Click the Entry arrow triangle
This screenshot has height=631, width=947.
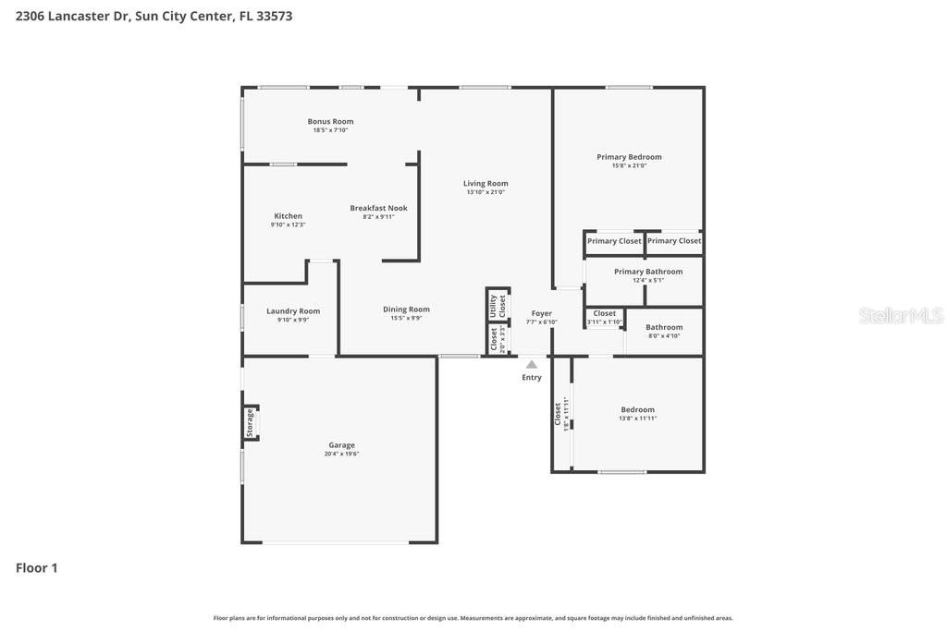(x=532, y=365)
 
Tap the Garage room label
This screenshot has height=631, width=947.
(x=341, y=445)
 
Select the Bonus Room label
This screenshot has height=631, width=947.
(x=330, y=121)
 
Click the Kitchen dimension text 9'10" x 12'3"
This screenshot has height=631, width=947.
(x=288, y=224)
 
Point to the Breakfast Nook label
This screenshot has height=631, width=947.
(x=378, y=208)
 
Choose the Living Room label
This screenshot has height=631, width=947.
(x=486, y=183)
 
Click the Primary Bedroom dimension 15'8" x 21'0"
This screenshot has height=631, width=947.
(x=629, y=165)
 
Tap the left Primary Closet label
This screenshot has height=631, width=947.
(x=614, y=241)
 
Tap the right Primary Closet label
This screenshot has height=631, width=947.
(x=674, y=241)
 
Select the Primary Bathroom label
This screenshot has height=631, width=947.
(x=648, y=272)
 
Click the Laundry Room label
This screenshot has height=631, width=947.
(x=293, y=310)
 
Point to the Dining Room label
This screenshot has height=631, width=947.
(x=406, y=309)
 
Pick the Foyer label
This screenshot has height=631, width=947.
(x=541, y=313)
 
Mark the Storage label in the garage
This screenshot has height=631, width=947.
(x=250, y=423)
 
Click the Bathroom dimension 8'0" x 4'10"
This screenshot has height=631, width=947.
(x=663, y=335)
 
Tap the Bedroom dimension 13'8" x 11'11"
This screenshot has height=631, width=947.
(x=637, y=419)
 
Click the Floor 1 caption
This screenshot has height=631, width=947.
(x=37, y=568)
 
